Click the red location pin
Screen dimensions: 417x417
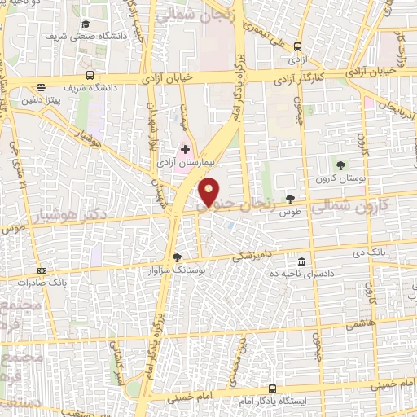[208, 190]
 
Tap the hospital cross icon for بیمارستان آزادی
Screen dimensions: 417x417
[185, 149]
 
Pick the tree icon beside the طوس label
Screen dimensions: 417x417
[291, 199]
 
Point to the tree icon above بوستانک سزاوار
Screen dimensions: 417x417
[178, 257]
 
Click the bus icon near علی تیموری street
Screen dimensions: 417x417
[298, 46]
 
